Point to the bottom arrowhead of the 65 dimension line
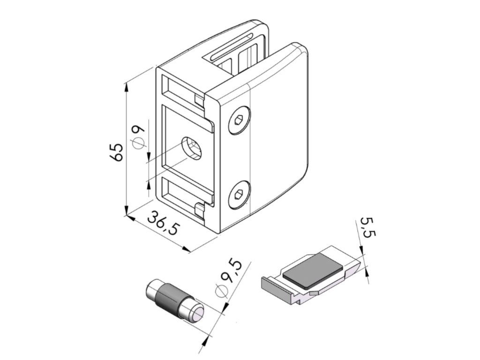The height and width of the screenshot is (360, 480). click(x=126, y=211)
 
